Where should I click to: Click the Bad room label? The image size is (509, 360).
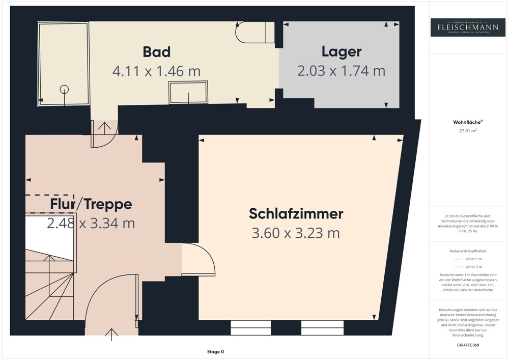156,52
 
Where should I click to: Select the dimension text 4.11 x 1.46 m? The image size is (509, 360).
156,71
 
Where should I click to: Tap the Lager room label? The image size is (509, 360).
342,51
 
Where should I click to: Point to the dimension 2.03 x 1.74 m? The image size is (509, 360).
341,71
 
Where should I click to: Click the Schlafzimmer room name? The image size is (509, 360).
296,214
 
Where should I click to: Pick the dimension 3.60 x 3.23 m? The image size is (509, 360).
296,233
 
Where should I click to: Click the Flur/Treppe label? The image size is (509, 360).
91,204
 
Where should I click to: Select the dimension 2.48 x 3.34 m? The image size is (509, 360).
91,223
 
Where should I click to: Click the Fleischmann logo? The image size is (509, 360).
468,27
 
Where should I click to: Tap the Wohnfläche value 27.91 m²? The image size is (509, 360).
468,130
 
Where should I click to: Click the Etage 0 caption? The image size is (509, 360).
215,352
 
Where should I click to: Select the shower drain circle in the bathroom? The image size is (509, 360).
64,89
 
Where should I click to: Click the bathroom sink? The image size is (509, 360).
188,93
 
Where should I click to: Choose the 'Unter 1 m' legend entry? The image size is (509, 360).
468,259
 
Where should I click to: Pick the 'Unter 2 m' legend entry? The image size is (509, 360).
468,267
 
